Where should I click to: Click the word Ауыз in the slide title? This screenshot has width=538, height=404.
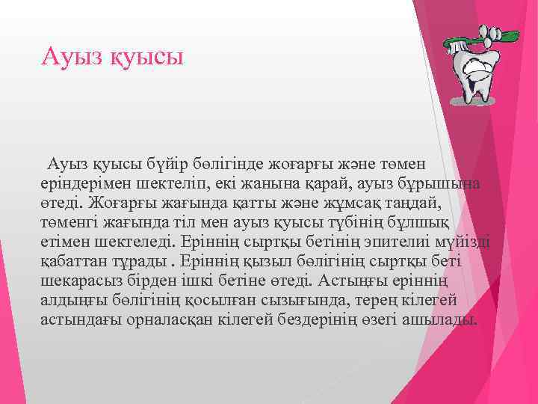[x=69, y=56]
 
